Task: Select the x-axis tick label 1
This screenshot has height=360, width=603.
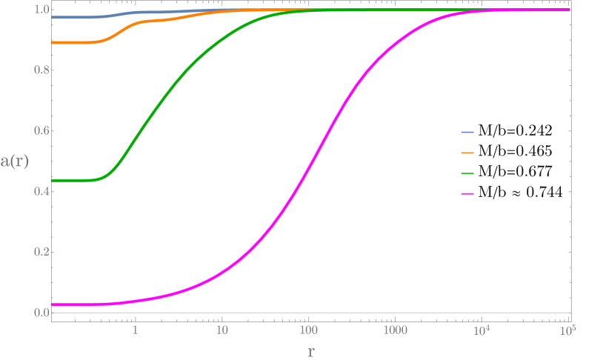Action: (x=136, y=329)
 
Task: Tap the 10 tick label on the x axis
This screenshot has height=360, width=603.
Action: (x=221, y=329)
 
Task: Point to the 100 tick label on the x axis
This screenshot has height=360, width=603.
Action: (x=308, y=329)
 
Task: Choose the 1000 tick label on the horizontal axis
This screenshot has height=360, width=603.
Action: (x=395, y=329)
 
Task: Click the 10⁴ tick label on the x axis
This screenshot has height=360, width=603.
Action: (x=482, y=328)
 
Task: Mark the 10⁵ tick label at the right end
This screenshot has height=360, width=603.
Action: (x=567, y=328)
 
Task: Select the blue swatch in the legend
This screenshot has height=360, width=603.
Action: (x=467, y=133)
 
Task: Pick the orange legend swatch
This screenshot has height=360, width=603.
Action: (x=467, y=153)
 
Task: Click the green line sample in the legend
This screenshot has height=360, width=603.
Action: (x=467, y=173)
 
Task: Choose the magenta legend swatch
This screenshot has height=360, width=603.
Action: (x=467, y=194)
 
